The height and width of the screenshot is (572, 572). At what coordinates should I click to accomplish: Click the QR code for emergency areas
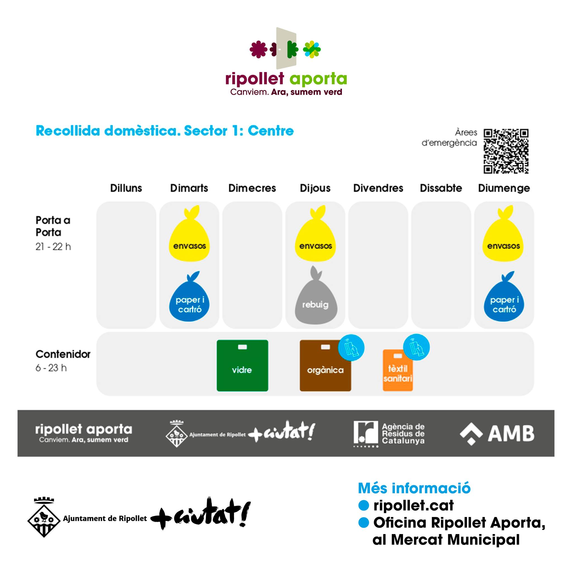coord(506,151)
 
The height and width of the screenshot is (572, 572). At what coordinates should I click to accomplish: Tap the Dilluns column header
coord(126,188)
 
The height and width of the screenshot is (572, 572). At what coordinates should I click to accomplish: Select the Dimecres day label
coord(252,188)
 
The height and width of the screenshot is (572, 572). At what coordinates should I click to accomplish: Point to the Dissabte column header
coord(441,188)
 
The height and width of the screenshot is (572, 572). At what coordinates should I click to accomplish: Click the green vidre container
coord(242,366)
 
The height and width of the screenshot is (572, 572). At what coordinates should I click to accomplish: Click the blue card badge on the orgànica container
coord(351,348)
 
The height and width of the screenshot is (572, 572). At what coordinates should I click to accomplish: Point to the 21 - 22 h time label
coord(53,247)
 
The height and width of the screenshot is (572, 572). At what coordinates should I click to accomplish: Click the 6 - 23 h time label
coord(51,368)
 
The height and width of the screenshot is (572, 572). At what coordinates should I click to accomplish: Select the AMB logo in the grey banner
coord(497,434)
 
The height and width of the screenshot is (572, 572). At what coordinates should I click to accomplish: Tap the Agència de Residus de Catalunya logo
coord(389,434)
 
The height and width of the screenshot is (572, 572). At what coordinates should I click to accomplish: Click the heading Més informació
coord(414,488)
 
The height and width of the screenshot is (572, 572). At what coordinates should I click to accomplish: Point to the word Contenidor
coord(63,354)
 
